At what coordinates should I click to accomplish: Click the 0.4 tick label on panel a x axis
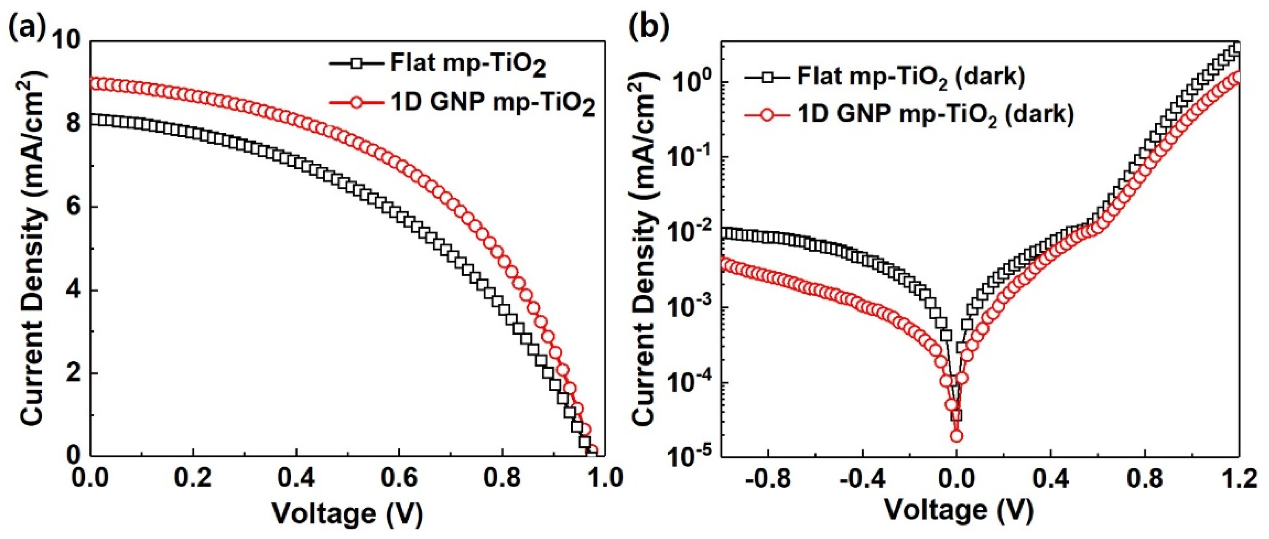(296, 479)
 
